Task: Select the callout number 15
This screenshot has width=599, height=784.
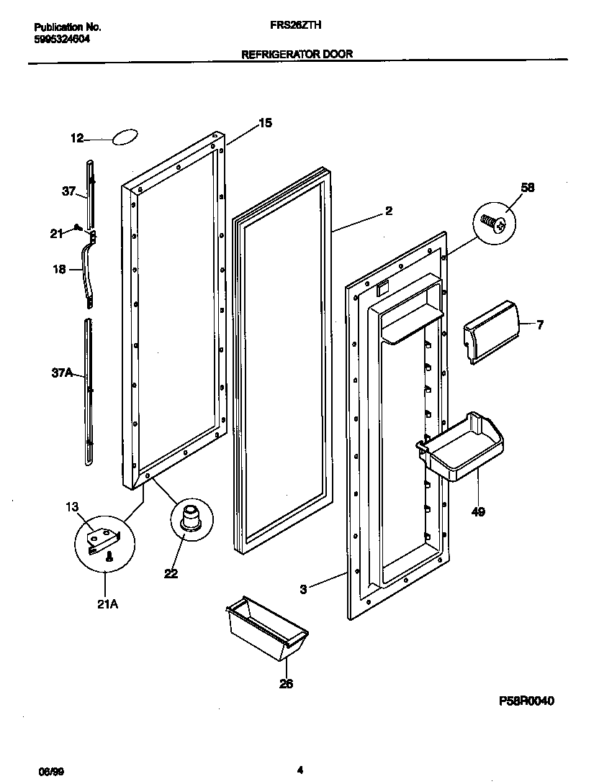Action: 265,123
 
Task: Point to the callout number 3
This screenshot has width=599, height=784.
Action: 304,589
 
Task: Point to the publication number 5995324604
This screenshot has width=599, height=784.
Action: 63,40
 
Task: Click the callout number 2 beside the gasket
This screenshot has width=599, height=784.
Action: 388,211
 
